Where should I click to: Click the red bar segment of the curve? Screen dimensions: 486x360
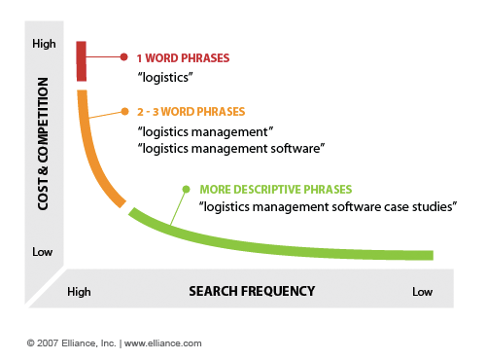(82, 61)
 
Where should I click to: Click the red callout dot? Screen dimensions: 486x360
(123, 57)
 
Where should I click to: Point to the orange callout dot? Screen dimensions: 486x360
(124, 112)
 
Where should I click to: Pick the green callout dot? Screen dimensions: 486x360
(186, 189)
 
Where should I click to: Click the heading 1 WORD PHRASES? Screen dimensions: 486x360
(183, 58)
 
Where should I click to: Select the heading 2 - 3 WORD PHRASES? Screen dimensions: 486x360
(191, 112)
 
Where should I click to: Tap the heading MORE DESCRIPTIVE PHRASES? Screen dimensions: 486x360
(276, 190)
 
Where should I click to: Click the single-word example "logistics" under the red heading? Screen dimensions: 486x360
(165, 78)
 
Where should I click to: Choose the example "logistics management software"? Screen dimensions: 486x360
(231, 149)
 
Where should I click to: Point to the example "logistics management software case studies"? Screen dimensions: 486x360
(328, 206)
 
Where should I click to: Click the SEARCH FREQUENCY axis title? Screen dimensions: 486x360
(252, 291)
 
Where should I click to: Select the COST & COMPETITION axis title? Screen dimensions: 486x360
(43, 144)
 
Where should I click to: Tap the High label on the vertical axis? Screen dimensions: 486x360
(44, 44)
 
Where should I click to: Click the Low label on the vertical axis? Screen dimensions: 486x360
(42, 252)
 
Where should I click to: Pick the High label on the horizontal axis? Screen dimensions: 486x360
(79, 292)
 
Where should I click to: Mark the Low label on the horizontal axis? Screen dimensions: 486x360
(423, 292)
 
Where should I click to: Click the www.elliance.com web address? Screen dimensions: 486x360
(163, 343)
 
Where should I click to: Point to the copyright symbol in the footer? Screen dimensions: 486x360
(31, 343)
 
